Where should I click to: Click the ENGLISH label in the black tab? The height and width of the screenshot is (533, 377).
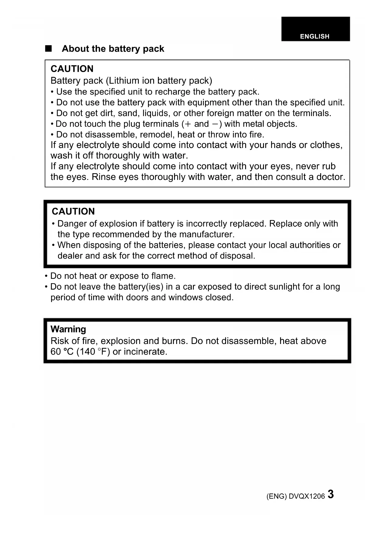[x=314, y=36]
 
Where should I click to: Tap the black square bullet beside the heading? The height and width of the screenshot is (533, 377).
[x=48, y=49]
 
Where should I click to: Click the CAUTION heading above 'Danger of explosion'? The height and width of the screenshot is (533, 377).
[x=73, y=211]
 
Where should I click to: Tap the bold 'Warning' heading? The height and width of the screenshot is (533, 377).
[x=68, y=329]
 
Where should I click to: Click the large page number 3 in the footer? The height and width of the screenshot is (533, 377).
[x=331, y=494]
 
